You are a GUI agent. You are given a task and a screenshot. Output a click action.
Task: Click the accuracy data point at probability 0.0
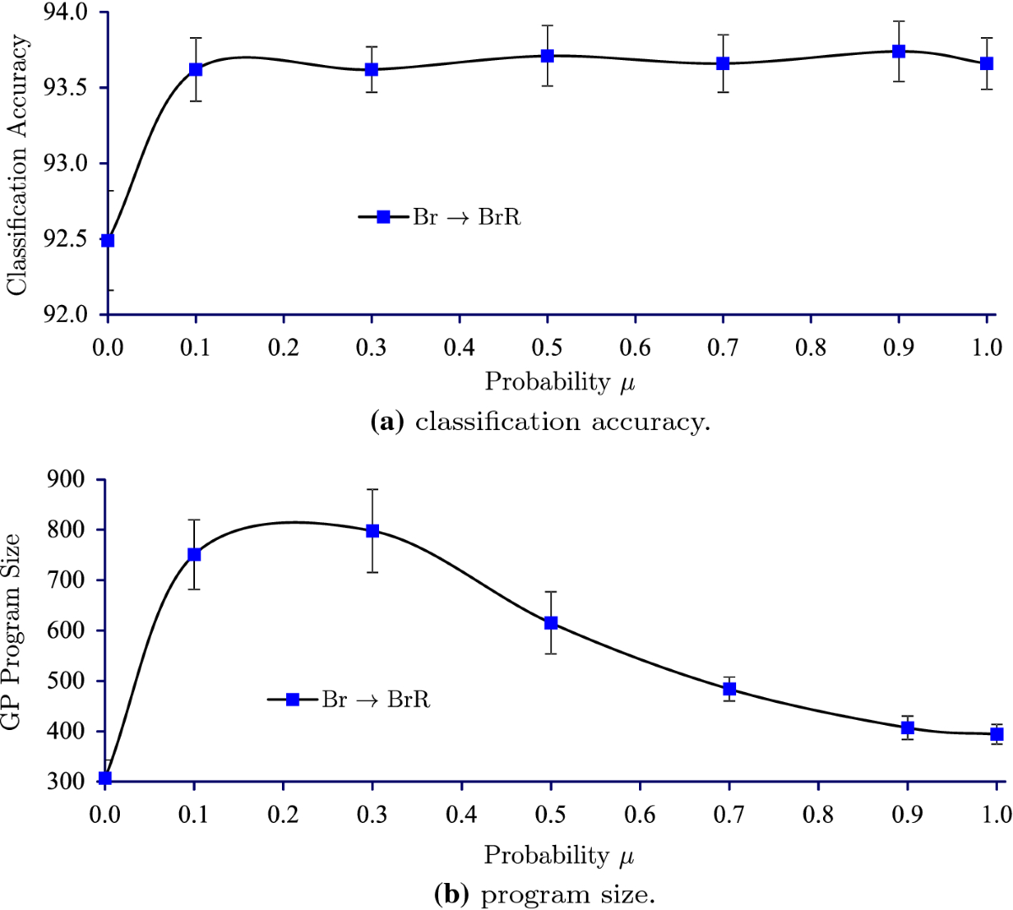pyautogui.click(x=107, y=240)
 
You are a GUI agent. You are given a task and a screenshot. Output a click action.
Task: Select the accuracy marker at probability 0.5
pyautogui.click(x=547, y=56)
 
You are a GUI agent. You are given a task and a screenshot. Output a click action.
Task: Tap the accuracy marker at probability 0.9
pyautogui.click(x=898, y=52)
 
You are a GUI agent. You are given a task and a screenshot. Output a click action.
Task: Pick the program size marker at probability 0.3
pyautogui.click(x=372, y=531)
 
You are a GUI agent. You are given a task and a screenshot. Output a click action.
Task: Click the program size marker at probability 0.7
pyautogui.click(x=729, y=689)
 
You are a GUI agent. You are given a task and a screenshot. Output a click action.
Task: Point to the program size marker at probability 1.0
pyautogui.click(x=997, y=734)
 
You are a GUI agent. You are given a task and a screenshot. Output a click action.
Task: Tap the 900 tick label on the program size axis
pyautogui.click(x=68, y=480)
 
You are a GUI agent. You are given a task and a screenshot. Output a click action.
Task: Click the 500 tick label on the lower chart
pyautogui.click(x=68, y=681)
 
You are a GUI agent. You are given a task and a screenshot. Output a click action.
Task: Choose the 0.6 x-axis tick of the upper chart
pyautogui.click(x=635, y=346)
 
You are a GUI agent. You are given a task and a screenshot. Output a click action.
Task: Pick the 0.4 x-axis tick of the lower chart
pyautogui.click(x=461, y=814)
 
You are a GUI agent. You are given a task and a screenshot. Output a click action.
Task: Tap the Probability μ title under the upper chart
pyautogui.click(x=559, y=382)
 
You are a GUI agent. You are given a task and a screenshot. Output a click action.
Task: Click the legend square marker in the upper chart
pyautogui.click(x=383, y=217)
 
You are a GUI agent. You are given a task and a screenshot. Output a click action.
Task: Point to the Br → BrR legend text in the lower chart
pyautogui.click(x=376, y=700)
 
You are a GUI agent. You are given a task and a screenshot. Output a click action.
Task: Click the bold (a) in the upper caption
pyautogui.click(x=388, y=422)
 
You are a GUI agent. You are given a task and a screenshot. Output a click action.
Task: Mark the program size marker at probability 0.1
pyautogui.click(x=194, y=554)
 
